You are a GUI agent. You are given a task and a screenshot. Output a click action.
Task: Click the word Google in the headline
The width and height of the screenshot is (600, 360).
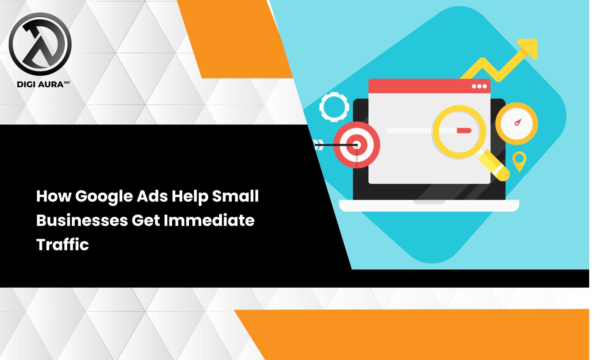(x=104, y=197)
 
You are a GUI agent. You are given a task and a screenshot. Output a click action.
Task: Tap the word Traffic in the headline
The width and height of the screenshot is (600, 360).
(x=62, y=244)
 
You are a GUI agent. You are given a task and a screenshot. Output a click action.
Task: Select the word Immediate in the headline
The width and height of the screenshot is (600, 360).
(x=209, y=220)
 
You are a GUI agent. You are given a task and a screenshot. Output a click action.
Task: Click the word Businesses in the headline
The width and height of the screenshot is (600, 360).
(x=82, y=220)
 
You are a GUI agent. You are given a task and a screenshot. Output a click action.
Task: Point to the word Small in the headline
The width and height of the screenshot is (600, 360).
(x=235, y=196)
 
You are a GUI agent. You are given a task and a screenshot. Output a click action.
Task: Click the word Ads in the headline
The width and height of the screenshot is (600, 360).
(x=152, y=196)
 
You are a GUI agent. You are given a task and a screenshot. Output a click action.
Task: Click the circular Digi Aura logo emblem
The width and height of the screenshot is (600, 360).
(x=40, y=44)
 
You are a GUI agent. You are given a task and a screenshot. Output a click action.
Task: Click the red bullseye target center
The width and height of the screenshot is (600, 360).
(x=357, y=145)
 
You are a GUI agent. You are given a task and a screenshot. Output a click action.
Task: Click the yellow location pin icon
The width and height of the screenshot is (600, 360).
(x=519, y=160)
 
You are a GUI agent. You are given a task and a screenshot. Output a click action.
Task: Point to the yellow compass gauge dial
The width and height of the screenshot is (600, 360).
(x=516, y=123)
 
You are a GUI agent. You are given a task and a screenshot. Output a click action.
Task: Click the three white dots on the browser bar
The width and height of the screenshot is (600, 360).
(x=479, y=86)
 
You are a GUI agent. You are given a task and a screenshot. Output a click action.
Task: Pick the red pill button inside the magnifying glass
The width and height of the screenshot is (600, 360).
(x=464, y=130)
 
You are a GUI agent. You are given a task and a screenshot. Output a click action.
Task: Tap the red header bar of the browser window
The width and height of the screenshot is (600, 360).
(x=420, y=86)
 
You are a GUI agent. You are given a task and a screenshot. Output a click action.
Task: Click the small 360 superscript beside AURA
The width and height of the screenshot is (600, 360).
(x=67, y=82)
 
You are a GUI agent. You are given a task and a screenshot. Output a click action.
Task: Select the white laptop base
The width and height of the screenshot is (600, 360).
(x=429, y=205)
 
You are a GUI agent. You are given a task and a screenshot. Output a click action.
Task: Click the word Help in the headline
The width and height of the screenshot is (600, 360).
(x=189, y=197)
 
